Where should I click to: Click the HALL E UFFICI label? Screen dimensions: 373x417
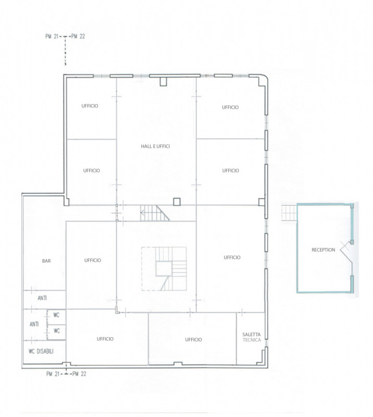point(155,146)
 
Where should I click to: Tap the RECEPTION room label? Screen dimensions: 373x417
point(324,250)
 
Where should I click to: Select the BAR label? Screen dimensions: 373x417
point(46,261)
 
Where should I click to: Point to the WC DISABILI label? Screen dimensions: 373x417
point(41,351)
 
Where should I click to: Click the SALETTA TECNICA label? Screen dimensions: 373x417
point(252,337)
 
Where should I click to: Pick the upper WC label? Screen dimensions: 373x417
point(56,315)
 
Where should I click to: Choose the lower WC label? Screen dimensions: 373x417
point(57,331)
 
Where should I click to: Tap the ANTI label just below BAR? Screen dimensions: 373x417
point(42,298)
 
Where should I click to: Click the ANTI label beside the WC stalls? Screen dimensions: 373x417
point(34,324)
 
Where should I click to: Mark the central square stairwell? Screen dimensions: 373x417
point(164,268)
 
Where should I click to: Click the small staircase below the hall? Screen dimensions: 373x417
point(155,213)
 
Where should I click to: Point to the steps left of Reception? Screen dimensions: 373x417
point(289,213)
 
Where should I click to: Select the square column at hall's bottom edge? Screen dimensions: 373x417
point(177,202)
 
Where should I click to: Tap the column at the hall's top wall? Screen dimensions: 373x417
point(163,82)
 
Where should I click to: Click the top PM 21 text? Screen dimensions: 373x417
point(52,36)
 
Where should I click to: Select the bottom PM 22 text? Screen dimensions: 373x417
point(80,374)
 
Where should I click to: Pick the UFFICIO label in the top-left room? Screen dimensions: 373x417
point(90,106)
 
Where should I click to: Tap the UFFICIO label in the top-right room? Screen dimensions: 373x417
point(230,107)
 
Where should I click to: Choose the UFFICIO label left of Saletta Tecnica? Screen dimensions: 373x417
point(193,340)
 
